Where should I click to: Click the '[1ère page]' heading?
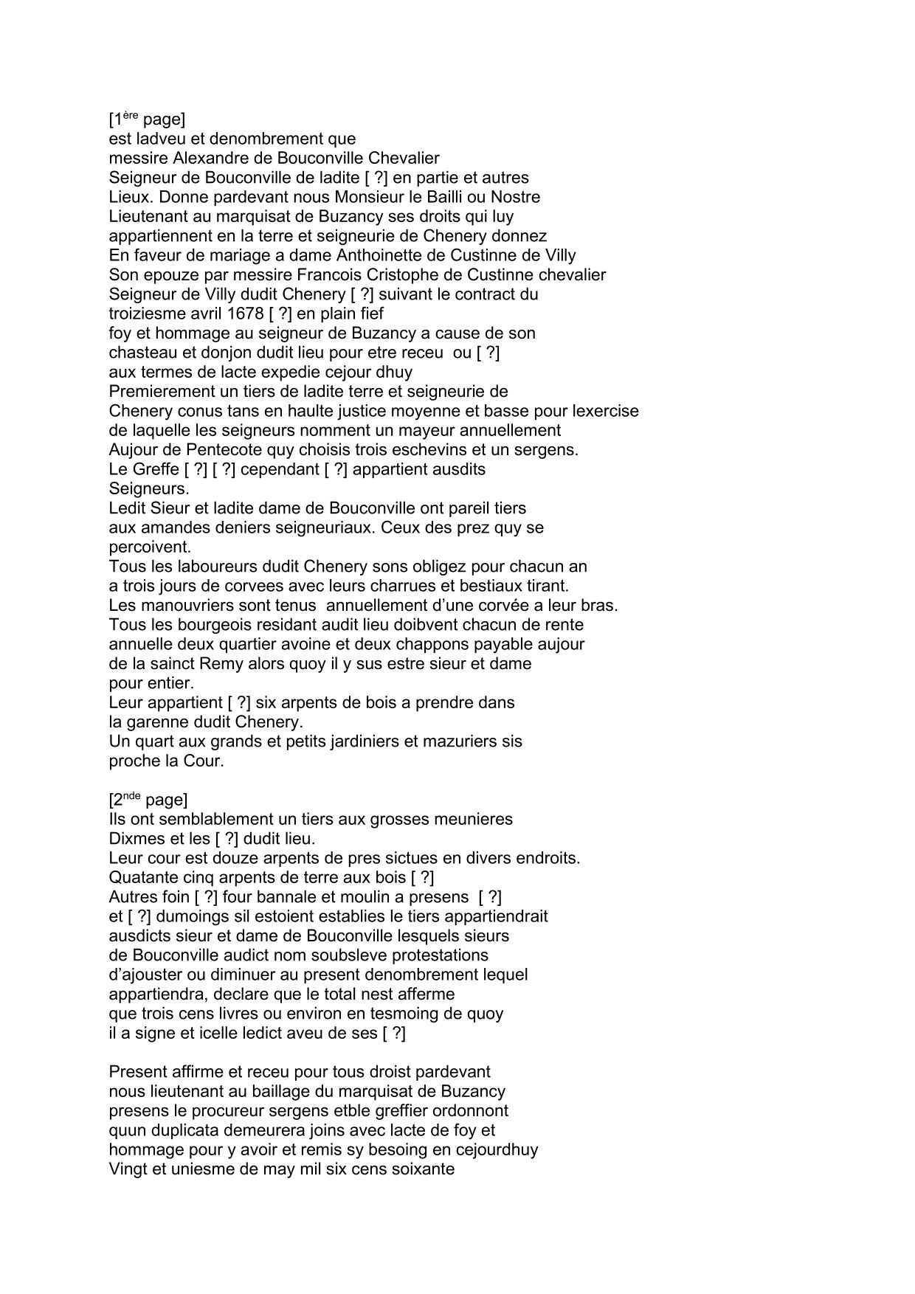click(147, 119)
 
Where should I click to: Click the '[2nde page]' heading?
click(148, 800)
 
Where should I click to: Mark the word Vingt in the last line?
click(128, 1169)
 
